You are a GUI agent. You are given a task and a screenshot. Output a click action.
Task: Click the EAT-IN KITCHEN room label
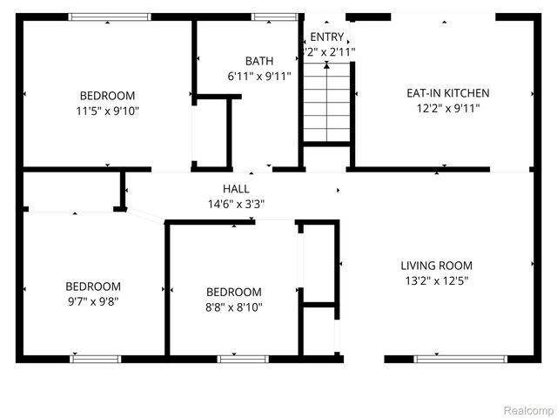point(448,93)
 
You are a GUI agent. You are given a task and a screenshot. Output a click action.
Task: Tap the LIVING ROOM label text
point(436,266)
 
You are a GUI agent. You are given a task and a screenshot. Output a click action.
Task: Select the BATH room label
point(258,61)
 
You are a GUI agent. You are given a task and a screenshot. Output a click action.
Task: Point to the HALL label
point(236,188)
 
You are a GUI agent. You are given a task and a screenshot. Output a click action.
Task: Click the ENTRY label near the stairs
point(327,37)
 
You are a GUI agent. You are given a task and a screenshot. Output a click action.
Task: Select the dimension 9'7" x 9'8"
point(93,301)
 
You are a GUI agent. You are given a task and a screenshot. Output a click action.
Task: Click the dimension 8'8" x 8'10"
point(233,307)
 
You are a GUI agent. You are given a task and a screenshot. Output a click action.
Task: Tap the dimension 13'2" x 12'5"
point(436,281)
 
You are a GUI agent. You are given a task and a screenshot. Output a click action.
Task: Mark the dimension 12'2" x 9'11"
point(448,109)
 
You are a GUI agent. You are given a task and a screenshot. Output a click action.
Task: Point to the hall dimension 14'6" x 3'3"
point(236,204)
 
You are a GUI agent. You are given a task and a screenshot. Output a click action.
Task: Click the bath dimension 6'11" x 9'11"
point(258,77)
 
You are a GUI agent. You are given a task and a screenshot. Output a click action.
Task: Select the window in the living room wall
point(448,358)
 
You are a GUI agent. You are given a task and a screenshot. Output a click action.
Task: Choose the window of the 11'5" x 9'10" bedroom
point(110,17)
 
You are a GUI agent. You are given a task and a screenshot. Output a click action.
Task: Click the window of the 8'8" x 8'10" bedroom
point(243,358)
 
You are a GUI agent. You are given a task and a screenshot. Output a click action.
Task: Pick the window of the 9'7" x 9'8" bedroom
point(95,358)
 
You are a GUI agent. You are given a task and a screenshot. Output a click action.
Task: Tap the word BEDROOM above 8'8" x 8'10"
point(233,292)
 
